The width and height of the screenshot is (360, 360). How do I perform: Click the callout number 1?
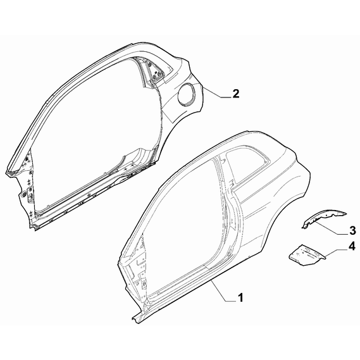coord(240,298)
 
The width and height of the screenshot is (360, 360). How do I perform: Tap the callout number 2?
coord(236,94)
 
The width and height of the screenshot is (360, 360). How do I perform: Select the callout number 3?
coord(352,230)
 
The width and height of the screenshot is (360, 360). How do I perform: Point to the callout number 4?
coord(352,247)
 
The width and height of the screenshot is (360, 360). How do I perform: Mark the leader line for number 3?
coord(332,227)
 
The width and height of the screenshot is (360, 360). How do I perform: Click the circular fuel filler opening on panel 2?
coord(187,94)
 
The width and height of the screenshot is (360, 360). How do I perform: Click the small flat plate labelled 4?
coord(307,256)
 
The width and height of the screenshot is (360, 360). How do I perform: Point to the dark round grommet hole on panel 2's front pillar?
coord(23,194)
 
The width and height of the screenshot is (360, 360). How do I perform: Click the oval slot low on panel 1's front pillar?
coord(145,284)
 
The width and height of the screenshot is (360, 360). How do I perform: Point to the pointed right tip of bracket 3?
coord(346,214)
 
